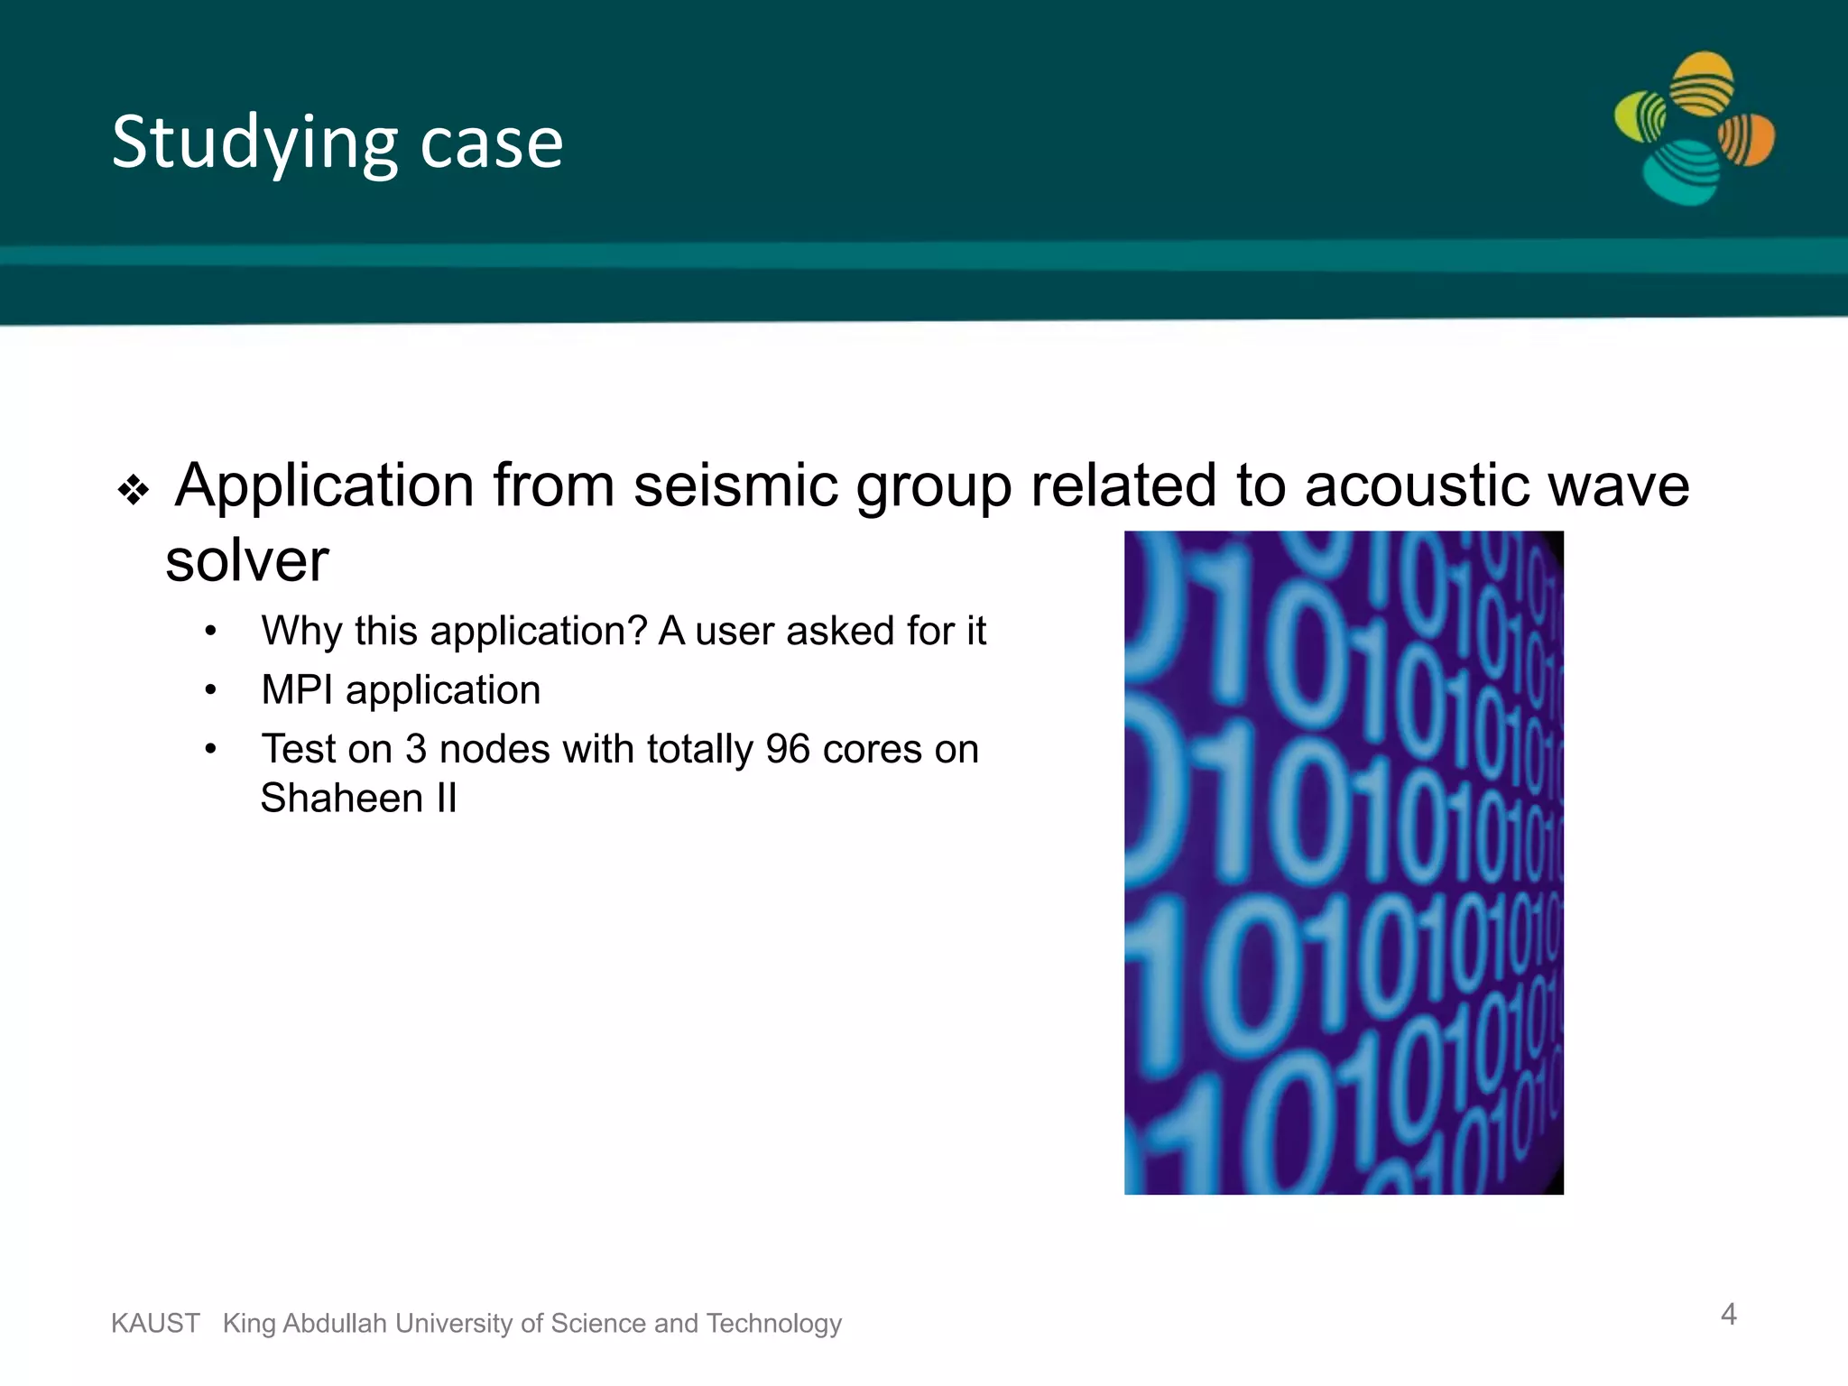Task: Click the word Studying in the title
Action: click(254, 143)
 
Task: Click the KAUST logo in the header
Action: click(1694, 128)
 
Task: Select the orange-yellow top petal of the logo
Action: click(1702, 83)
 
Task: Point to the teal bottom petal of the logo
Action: click(1680, 173)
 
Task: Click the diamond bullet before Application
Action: click(134, 490)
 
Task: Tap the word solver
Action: click(247, 560)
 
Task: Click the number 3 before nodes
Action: click(415, 749)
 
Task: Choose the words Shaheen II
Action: click(358, 798)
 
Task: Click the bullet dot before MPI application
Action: click(210, 691)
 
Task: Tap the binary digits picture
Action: click(1344, 863)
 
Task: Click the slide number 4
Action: click(1728, 1314)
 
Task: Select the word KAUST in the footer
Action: click(155, 1323)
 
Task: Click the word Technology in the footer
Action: click(773, 1323)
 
